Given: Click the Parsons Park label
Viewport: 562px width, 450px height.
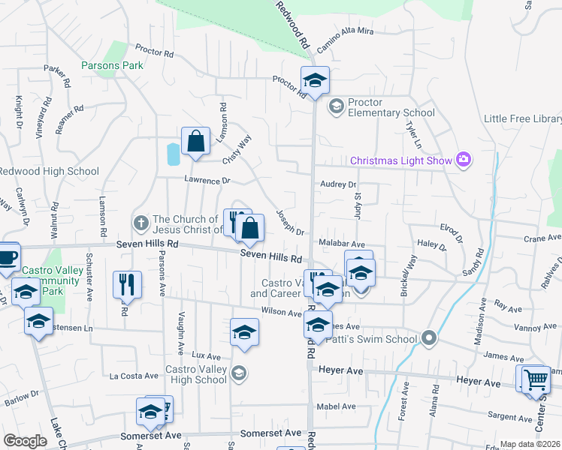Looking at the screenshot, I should tap(112, 65).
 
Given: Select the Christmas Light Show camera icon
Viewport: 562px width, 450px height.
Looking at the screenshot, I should tap(464, 159).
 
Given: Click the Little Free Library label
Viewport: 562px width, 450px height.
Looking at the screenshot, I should tap(523, 119).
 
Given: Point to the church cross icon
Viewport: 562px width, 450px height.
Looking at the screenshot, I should tap(140, 222).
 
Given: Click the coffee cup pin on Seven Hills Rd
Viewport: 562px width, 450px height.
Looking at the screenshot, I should tap(8, 256).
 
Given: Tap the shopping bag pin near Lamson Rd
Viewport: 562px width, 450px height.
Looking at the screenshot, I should tap(195, 142).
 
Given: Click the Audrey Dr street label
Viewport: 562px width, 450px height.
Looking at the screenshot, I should tap(338, 184).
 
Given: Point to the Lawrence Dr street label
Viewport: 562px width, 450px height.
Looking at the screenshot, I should tap(207, 181).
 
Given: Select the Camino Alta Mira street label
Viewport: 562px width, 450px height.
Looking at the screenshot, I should tap(345, 43).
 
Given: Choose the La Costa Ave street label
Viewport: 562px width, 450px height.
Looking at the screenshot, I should tap(134, 376).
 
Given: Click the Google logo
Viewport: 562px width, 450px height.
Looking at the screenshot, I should tap(25, 441).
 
